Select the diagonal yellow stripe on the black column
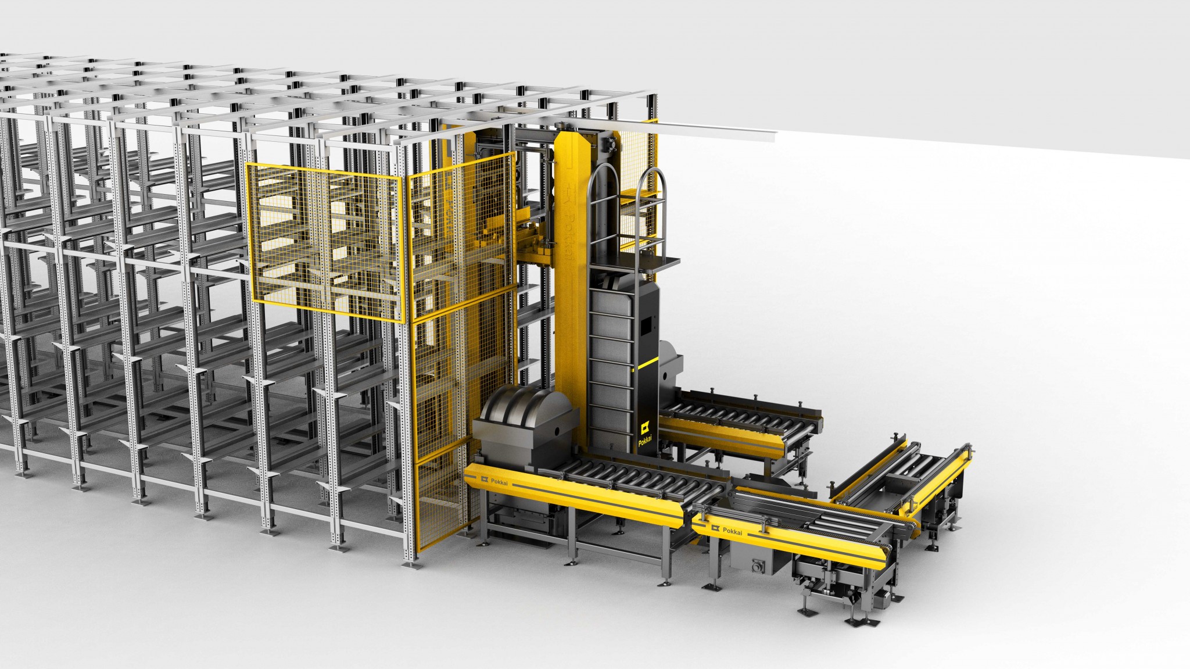(x=650, y=364)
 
